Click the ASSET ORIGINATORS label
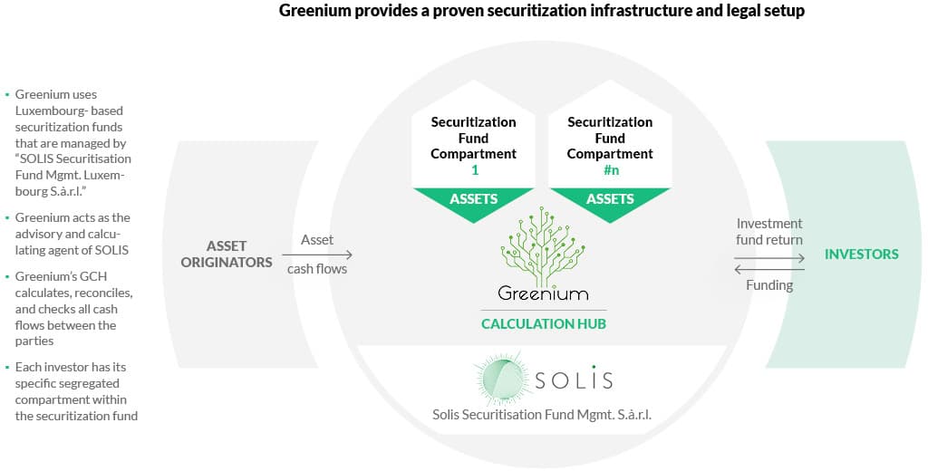(x=239, y=254)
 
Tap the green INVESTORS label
(x=861, y=255)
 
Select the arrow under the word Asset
(x=317, y=255)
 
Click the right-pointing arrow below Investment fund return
(x=769, y=257)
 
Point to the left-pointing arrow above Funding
(x=769, y=269)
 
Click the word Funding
(x=769, y=285)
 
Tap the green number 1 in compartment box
(x=473, y=170)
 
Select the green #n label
(x=610, y=170)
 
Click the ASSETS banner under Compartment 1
(x=473, y=199)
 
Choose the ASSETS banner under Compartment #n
(x=609, y=199)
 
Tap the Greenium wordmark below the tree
(x=542, y=293)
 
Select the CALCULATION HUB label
(x=542, y=324)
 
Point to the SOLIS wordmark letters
(x=573, y=380)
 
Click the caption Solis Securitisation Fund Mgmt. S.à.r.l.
(x=542, y=415)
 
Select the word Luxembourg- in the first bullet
(x=53, y=111)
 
